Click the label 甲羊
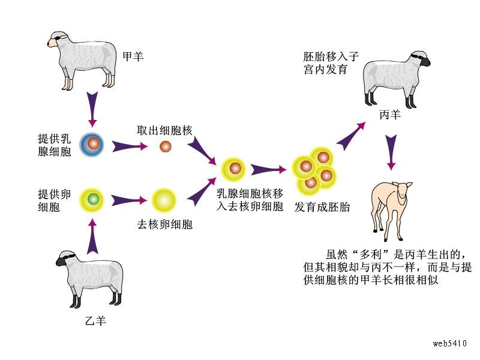click(x=133, y=57)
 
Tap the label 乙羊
click(x=96, y=320)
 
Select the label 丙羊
click(x=390, y=113)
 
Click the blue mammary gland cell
click(x=92, y=145)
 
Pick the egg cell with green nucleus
click(x=92, y=198)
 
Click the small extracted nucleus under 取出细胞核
click(x=165, y=146)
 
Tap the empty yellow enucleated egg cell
click(x=163, y=200)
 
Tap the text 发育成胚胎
click(x=322, y=207)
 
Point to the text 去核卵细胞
click(x=165, y=225)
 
